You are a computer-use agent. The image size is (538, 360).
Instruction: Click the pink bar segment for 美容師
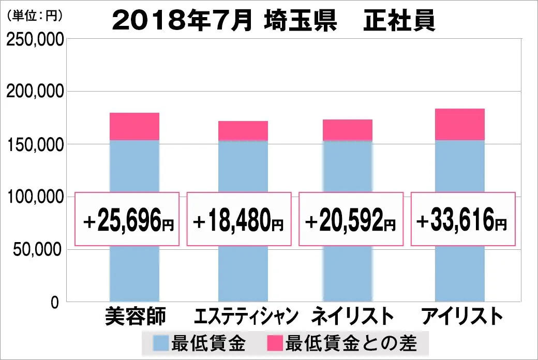(x=134, y=126)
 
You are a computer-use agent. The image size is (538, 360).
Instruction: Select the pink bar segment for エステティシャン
(x=243, y=131)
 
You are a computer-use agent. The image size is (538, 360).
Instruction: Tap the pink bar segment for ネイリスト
(x=348, y=130)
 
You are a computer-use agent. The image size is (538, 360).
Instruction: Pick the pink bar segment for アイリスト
(x=460, y=124)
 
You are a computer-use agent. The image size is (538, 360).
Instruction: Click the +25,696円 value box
(x=127, y=219)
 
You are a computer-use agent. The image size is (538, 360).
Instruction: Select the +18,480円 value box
(x=238, y=219)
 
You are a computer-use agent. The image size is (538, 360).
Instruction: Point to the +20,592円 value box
(x=351, y=219)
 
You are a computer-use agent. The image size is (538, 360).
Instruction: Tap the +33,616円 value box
(x=462, y=219)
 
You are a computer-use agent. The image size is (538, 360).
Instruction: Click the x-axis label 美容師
(x=134, y=316)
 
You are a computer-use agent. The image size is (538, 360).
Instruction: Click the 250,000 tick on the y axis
(x=35, y=40)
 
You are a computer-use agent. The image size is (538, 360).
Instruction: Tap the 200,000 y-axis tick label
(x=35, y=92)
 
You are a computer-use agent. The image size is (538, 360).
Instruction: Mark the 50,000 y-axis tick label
(x=38, y=250)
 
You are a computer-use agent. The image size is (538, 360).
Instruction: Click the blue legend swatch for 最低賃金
(x=160, y=342)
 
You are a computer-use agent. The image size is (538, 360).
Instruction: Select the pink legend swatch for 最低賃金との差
(x=275, y=342)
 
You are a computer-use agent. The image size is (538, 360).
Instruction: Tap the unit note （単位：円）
(x=35, y=16)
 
